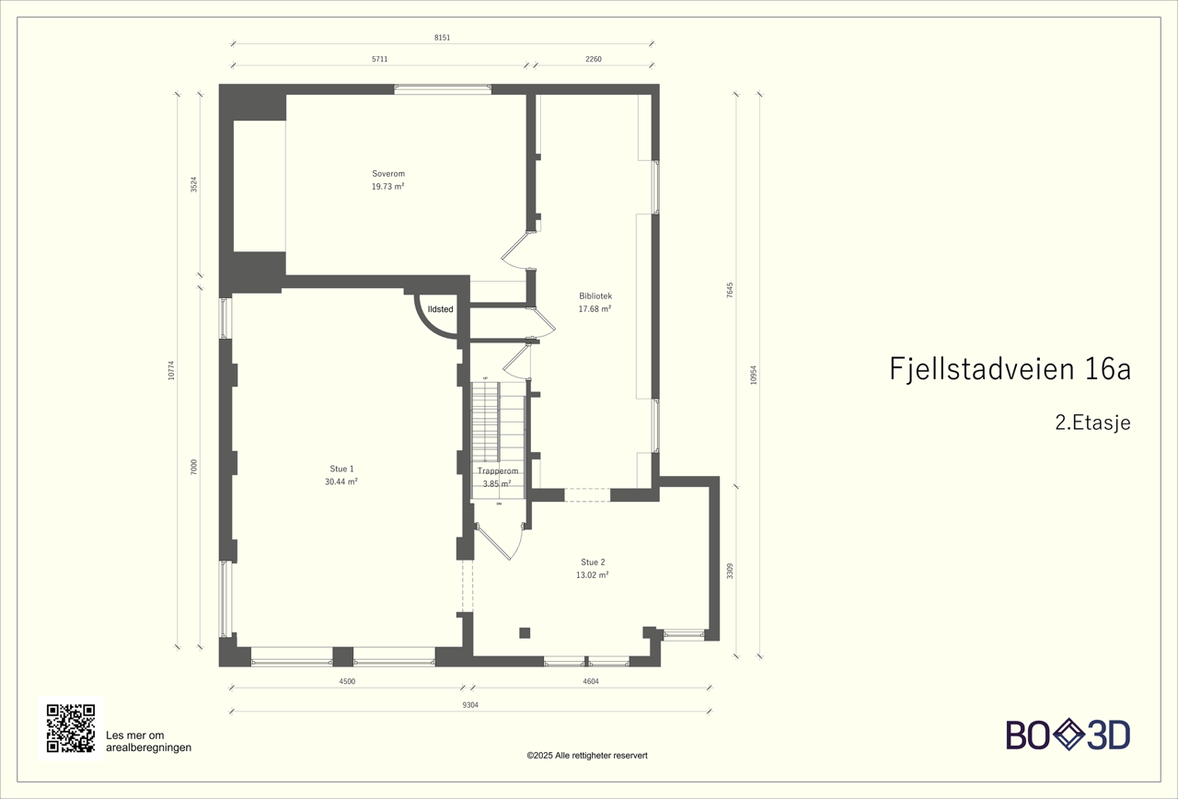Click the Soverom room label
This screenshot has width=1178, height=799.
387,173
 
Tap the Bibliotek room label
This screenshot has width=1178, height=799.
595,295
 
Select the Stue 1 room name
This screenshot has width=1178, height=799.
341,469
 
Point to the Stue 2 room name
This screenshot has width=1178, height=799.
593,562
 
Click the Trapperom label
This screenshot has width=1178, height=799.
497,470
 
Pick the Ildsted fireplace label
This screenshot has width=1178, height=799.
440,309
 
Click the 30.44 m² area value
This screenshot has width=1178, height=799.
341,481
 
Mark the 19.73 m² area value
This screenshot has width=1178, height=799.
387,186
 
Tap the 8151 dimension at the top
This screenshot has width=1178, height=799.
442,38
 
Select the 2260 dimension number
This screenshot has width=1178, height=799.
594,59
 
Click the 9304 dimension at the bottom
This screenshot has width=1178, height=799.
470,705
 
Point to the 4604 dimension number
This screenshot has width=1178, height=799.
590,681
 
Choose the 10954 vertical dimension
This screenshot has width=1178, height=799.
754,375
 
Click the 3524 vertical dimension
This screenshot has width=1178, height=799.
193,184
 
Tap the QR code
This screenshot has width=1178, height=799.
71,728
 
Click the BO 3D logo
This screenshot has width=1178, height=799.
1068,735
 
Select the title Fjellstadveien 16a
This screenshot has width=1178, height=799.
1010,369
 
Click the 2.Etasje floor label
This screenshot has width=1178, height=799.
1091,423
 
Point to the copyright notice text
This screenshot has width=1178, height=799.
587,755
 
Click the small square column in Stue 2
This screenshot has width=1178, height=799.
525,632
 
